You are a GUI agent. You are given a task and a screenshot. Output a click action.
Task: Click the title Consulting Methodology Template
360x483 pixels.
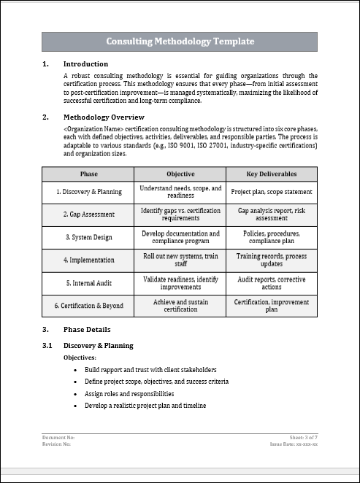[180, 42]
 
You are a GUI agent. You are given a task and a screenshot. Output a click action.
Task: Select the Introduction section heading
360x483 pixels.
[85, 64]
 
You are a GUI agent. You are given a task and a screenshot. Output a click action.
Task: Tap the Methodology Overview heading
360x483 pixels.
[104, 117]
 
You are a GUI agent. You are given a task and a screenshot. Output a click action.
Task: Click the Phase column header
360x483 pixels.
[88, 174]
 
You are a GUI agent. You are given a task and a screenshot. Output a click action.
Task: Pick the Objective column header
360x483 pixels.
[180, 174]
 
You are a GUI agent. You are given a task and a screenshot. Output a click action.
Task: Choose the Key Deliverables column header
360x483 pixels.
[272, 174]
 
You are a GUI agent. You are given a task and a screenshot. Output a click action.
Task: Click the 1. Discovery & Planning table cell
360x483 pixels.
[89, 192]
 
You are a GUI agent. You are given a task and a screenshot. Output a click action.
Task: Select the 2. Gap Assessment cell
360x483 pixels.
[89, 215]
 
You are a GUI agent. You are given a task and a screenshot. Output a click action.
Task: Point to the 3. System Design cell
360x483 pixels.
[88, 237]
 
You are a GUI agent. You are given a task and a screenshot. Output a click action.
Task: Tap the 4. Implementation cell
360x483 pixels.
[88, 260]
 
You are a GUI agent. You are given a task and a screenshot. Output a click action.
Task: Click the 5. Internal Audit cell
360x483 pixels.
[88, 282]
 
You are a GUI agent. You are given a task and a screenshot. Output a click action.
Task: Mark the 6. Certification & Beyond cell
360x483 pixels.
[88, 305]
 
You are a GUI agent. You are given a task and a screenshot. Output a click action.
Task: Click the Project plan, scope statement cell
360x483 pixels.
[272, 192]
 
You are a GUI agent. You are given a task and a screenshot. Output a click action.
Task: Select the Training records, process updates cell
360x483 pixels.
[272, 260]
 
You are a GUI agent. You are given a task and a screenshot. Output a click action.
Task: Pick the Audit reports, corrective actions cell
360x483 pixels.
[272, 282]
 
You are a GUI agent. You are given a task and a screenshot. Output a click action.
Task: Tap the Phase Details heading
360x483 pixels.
[87, 330]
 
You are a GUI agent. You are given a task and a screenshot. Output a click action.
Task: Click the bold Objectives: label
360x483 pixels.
[80, 358]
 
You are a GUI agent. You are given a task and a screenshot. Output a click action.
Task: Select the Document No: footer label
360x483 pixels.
[58, 437]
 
